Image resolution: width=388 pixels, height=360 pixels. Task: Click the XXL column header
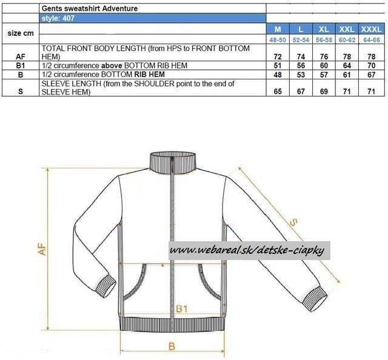pos(347,29)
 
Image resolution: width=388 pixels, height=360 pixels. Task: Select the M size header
pos(278,29)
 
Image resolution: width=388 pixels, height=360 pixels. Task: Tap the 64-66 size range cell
pos(372,40)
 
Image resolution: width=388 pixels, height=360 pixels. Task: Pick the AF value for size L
pos(301,57)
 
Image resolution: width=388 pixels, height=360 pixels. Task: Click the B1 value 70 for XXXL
pos(372,65)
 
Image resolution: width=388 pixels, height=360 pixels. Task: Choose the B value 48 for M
pos(278,75)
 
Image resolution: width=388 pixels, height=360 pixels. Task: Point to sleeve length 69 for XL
pos(324,92)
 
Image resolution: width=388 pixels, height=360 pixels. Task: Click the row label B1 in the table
pos(21,65)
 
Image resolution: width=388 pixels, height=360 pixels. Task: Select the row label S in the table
pos(21,92)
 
